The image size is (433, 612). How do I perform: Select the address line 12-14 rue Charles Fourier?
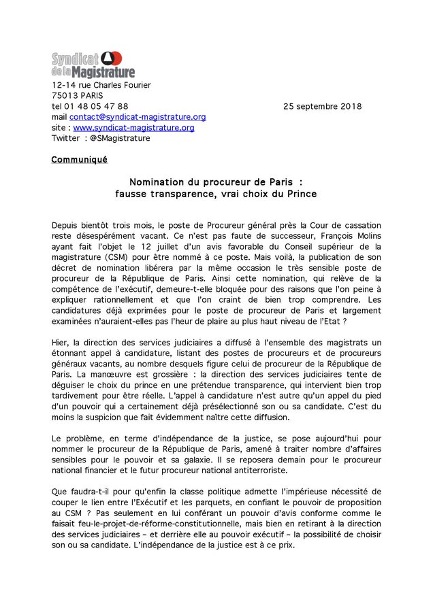[x=101, y=85]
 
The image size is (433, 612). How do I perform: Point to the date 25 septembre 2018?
[x=322, y=107]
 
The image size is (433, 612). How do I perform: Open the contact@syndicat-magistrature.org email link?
[x=138, y=117]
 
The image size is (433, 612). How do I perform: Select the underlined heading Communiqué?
[x=79, y=160]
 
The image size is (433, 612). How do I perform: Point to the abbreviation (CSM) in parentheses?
[x=117, y=257]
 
